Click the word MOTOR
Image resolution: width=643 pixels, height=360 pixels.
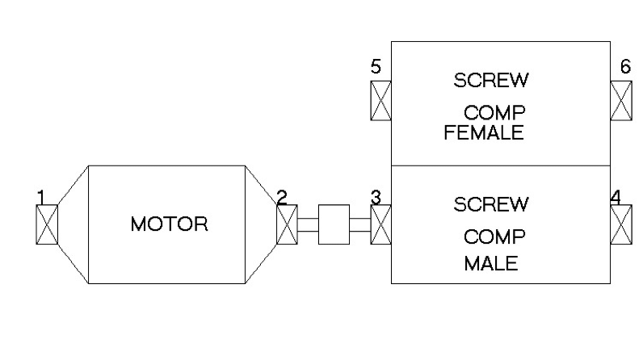pyautogui.click(x=169, y=224)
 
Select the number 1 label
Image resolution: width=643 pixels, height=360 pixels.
pyautogui.click(x=40, y=196)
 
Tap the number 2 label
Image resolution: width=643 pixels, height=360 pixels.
pyautogui.click(x=281, y=196)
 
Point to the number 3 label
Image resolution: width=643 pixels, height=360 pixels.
pyautogui.click(x=376, y=196)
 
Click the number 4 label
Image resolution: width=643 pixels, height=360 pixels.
pyautogui.click(x=616, y=196)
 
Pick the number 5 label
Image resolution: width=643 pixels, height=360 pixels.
pyautogui.click(x=376, y=66)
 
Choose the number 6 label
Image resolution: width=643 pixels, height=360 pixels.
pyautogui.click(x=625, y=66)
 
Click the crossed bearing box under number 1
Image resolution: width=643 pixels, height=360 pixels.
pyautogui.click(x=47, y=224)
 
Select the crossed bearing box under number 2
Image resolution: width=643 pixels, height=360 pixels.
pyautogui.click(x=287, y=224)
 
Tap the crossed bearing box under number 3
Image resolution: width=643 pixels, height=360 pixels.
pyautogui.click(x=380, y=224)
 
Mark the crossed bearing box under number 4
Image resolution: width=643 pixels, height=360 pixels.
pyautogui.click(x=620, y=224)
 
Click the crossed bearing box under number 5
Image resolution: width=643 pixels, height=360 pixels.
pyautogui.click(x=380, y=100)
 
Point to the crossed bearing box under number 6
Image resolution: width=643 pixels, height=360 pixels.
pyautogui.click(x=620, y=100)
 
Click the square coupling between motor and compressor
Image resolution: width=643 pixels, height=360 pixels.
pyautogui.click(x=334, y=224)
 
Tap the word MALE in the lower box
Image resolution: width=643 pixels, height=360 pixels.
pyautogui.click(x=490, y=264)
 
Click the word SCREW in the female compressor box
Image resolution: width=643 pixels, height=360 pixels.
pyautogui.click(x=491, y=80)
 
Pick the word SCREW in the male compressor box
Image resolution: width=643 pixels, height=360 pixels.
pyautogui.click(x=491, y=204)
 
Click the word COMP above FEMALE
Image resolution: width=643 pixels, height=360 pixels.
pyautogui.click(x=494, y=112)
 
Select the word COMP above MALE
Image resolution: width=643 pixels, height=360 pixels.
pyautogui.click(x=494, y=237)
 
